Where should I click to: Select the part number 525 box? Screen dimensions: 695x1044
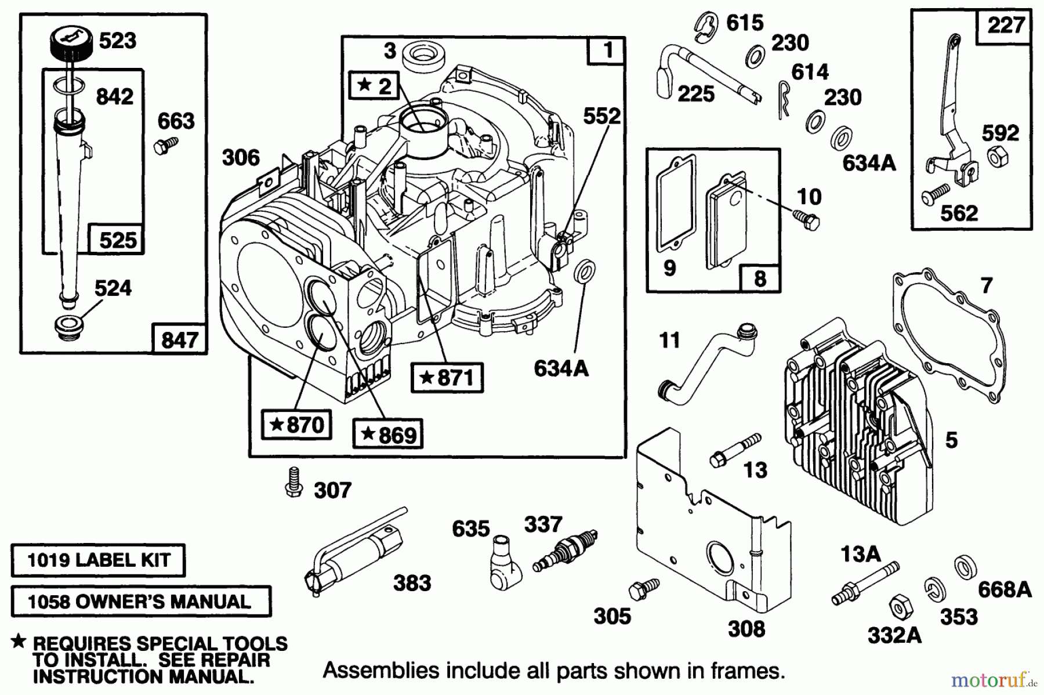[117, 240]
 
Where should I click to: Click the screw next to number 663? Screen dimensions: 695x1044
[162, 145]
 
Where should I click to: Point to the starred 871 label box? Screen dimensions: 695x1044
[447, 378]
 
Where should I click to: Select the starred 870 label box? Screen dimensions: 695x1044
[296, 425]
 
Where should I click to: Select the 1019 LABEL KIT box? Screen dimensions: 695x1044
[98, 560]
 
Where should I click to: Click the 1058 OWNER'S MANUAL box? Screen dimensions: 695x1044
[140, 601]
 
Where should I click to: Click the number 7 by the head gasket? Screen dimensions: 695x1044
[987, 285]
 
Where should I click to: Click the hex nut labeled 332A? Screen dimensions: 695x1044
[898, 609]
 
